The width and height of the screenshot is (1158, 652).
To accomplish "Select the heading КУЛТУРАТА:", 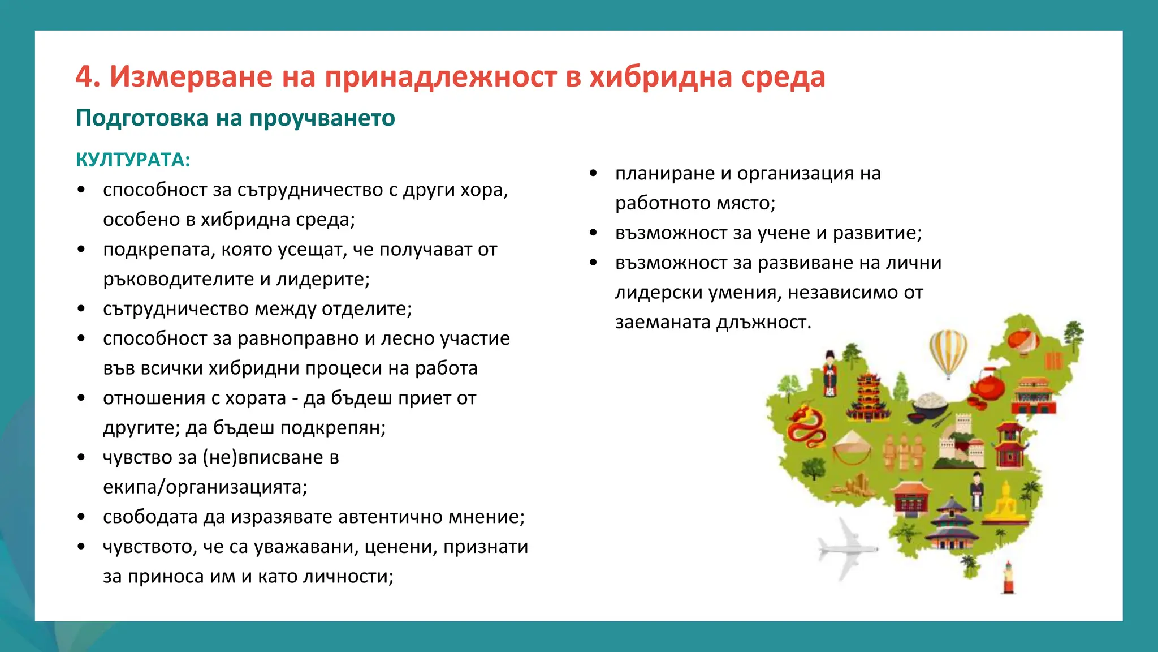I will [x=133, y=160].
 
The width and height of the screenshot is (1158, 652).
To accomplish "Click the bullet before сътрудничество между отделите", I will [x=81, y=309].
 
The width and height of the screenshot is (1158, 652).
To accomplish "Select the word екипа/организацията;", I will [x=205, y=487].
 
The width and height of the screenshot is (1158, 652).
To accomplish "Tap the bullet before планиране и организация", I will [x=593, y=173].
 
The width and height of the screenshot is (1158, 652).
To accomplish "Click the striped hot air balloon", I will [x=948, y=352].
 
